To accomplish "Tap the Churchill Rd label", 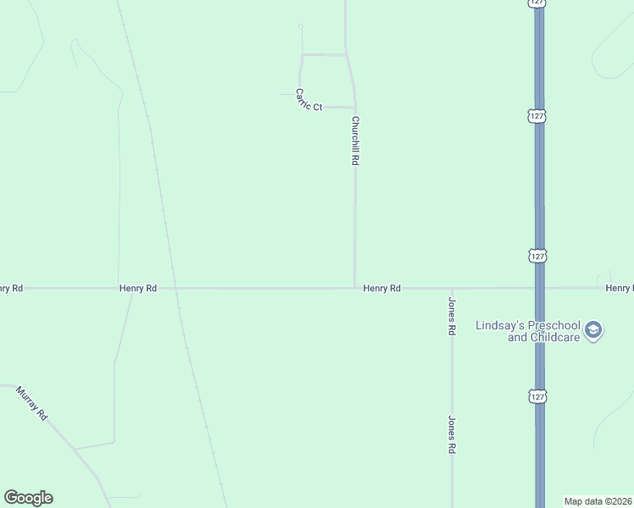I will click(x=356, y=141).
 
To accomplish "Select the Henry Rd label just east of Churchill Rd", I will click(x=381, y=289).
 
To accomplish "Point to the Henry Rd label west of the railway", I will click(x=138, y=289).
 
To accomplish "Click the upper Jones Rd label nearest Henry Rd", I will click(x=453, y=317).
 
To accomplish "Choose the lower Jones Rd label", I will click(x=453, y=435).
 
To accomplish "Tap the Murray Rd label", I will click(x=33, y=403).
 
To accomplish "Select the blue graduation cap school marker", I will click(x=593, y=330).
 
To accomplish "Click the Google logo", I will click(x=28, y=498).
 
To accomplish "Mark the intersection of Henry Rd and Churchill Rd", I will click(x=355, y=288).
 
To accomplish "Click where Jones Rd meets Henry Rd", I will click(x=452, y=288).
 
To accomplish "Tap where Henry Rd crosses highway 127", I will click(x=539, y=288).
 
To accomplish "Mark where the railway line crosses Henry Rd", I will click(x=175, y=288).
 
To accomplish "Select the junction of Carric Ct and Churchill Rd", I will click(x=353, y=108).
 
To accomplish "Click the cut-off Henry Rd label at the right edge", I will click(x=620, y=289).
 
